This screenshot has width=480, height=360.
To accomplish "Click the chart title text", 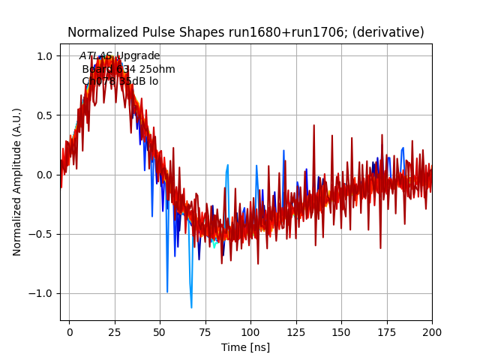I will pos(246,32).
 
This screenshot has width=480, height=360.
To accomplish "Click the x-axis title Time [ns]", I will pos(246,347).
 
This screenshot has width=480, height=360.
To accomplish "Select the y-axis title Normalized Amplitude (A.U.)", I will pos(17,182).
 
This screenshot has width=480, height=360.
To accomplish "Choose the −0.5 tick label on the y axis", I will pos(41,234).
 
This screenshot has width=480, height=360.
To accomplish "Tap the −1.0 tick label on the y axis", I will pos(41,293).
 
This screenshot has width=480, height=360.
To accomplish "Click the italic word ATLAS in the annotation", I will pos(96,56).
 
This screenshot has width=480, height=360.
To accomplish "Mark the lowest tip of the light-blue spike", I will pos(191,307).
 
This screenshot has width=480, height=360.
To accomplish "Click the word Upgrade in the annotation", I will pos(138,56).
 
